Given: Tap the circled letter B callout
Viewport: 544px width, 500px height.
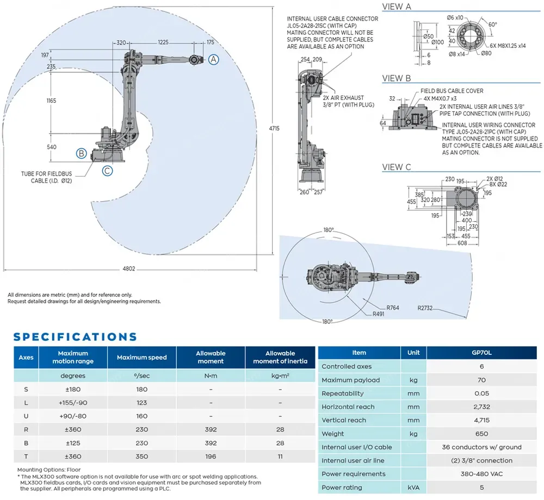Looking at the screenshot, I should point(81,153).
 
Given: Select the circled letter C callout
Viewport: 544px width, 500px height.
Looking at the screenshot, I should point(108,171).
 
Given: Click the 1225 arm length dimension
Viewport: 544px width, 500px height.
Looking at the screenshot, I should point(163,42).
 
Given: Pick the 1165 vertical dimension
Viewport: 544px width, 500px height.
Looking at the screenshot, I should point(52,101).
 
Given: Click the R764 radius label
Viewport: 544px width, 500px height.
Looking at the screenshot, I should point(393,308).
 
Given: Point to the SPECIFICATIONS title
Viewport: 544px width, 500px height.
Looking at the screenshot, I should point(75,337).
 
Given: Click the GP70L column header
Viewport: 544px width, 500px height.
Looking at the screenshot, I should point(481,353).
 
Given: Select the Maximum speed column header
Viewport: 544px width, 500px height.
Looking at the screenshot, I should point(141,357).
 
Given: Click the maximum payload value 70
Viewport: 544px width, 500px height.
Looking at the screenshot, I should point(481,380).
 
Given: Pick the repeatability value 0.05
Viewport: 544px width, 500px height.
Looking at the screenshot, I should point(481,393).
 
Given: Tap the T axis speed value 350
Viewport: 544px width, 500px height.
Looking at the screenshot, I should point(141,457).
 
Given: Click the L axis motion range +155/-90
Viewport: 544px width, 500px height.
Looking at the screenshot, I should point(72,403).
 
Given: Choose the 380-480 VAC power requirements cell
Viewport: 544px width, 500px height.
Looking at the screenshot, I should point(481,474).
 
